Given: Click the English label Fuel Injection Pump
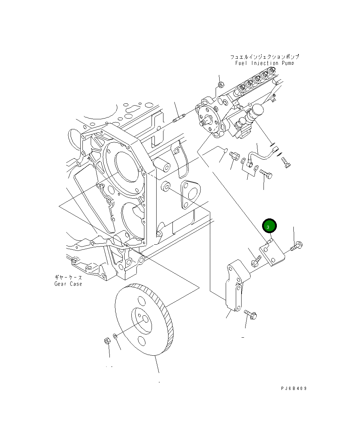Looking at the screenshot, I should click(265, 63).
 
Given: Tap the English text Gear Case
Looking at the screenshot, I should click(68, 284).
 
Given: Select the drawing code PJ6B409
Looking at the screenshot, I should click(294, 388).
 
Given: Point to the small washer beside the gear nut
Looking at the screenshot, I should click(115, 336).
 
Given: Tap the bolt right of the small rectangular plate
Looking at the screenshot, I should click(296, 247).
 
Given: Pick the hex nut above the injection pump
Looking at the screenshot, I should click(221, 85).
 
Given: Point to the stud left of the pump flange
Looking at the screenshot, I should click(179, 118).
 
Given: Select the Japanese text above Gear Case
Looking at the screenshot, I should click(68, 277).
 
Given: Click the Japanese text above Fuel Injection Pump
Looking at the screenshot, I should click(265, 57).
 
